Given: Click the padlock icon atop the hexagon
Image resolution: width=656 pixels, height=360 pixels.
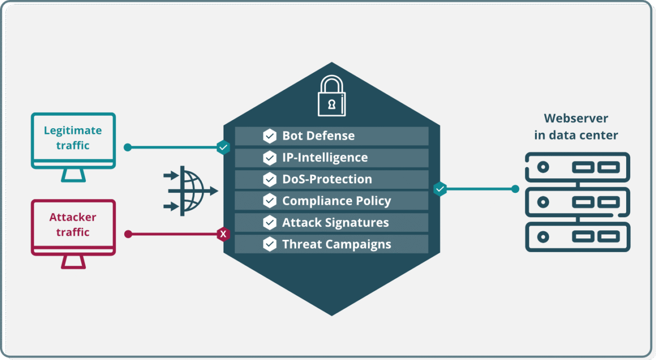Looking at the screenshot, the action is tap(332, 96).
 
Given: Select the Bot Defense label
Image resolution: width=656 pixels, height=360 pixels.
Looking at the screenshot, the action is tap(318, 136).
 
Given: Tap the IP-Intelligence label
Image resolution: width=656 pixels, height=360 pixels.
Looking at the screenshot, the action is tap(325, 158).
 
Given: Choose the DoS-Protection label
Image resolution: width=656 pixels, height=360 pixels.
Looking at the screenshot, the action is tap(327, 179).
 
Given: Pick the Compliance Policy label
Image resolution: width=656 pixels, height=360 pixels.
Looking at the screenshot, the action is tap(337, 201).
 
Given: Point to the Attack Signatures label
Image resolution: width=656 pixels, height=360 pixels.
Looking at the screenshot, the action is tap(336, 223).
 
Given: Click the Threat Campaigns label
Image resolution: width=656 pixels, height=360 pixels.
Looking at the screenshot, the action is tap(337, 244).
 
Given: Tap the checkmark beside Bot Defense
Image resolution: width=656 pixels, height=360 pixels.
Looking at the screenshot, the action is tap(269, 136).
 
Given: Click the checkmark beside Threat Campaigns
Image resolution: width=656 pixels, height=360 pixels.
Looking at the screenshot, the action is tap(269, 244).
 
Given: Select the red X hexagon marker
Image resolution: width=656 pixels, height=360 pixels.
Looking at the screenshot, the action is tap(223, 234).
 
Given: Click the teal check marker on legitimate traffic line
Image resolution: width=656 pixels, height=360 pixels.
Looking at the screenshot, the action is tap(223, 147).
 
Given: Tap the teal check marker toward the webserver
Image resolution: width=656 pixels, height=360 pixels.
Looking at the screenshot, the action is tap(440, 189).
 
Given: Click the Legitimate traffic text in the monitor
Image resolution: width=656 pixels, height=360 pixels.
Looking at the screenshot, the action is tap(73, 138).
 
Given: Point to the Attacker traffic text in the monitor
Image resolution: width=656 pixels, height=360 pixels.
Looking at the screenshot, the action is tap(73, 224).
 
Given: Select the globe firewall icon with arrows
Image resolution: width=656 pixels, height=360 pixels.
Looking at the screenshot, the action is tap(191, 191).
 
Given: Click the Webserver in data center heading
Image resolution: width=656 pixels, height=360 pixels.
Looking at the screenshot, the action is tap(576, 127).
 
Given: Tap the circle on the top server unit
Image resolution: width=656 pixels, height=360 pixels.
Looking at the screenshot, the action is tap(543, 167).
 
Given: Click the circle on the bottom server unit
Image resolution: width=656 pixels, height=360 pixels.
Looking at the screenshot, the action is tap(543, 237).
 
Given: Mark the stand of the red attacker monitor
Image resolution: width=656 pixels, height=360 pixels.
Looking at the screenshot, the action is tap(73, 262).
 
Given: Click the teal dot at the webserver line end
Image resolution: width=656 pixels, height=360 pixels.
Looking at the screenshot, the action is tap(515, 189).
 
